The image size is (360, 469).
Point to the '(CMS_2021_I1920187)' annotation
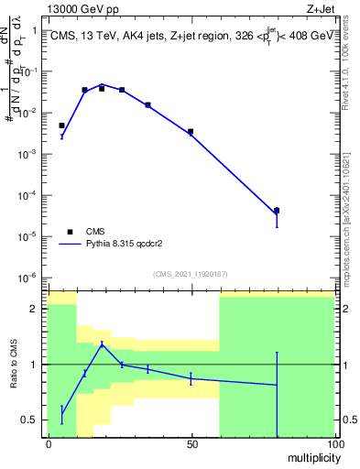pyautogui.click(x=190, y=273)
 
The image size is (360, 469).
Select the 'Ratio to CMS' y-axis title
pyautogui.click(x=13, y=365)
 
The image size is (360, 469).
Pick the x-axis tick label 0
pyautogui.click(x=48, y=443)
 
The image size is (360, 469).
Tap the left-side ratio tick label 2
pyautogui.click(x=32, y=309)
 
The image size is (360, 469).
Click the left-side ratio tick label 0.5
pyautogui.click(x=30, y=420)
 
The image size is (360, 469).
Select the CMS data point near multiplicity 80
pyautogui.click(x=277, y=211)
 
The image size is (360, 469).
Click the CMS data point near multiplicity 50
pyautogui.click(x=191, y=132)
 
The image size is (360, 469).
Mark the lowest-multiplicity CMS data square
pyautogui.click(x=62, y=125)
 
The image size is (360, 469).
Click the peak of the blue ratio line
pyautogui.click(x=102, y=344)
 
